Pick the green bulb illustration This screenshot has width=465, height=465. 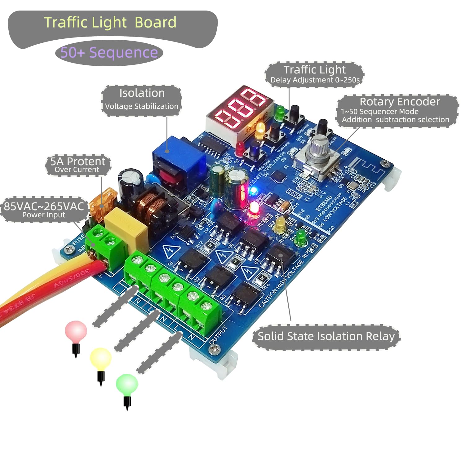pyautogui.click(x=127, y=384)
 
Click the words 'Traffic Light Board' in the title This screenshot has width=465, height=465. pyautogui.click(x=110, y=23)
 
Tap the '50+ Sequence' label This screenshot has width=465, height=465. pyautogui.click(x=109, y=53)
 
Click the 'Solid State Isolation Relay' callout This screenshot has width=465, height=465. pyautogui.click(x=326, y=336)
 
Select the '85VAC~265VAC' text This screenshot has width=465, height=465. pyautogui.click(x=44, y=206)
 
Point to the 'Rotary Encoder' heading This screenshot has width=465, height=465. pyautogui.click(x=400, y=102)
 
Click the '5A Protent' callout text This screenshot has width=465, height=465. pyautogui.click(x=78, y=162)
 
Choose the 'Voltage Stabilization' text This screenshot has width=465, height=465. pyautogui.click(x=142, y=106)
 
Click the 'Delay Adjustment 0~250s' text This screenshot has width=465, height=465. pyautogui.click(x=315, y=80)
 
